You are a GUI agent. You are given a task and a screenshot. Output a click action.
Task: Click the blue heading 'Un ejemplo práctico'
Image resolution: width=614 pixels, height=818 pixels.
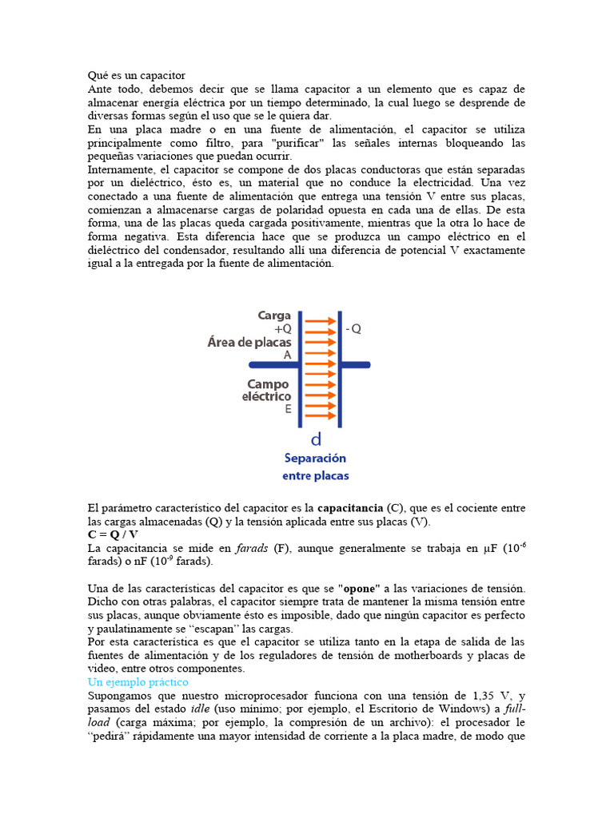coord(138,682)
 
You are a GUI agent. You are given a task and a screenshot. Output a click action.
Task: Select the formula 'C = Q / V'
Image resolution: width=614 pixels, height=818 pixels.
coord(113,534)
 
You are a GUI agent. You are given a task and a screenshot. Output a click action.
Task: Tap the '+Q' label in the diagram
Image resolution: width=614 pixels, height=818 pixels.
coord(282,329)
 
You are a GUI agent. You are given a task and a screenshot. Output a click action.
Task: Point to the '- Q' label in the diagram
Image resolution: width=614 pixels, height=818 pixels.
coord(353,328)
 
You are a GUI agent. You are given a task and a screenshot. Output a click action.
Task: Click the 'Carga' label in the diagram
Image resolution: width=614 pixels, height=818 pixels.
coord(274,316)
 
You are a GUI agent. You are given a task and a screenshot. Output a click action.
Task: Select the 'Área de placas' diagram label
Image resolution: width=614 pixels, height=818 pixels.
coord(249,342)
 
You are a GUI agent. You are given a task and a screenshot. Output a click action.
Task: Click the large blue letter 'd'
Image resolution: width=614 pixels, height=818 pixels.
coord(316,439)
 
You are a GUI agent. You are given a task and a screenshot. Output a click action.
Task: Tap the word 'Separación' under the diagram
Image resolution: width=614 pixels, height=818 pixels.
coord(315,459)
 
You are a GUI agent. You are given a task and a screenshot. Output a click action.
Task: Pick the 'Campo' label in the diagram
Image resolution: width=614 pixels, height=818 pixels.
coord(269,383)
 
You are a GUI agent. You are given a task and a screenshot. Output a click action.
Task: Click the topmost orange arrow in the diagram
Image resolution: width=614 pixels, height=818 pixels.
coord(320,322)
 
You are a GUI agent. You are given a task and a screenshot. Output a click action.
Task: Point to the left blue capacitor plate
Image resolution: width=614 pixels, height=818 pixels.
coord(300,367)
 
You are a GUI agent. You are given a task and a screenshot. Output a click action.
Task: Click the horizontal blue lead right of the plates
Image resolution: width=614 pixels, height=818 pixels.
coord(357,365)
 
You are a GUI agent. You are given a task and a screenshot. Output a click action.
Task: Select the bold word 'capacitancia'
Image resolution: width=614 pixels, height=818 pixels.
coord(350,508)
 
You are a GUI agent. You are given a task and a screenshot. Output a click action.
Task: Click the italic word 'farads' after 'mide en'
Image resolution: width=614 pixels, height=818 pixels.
coord(253,548)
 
